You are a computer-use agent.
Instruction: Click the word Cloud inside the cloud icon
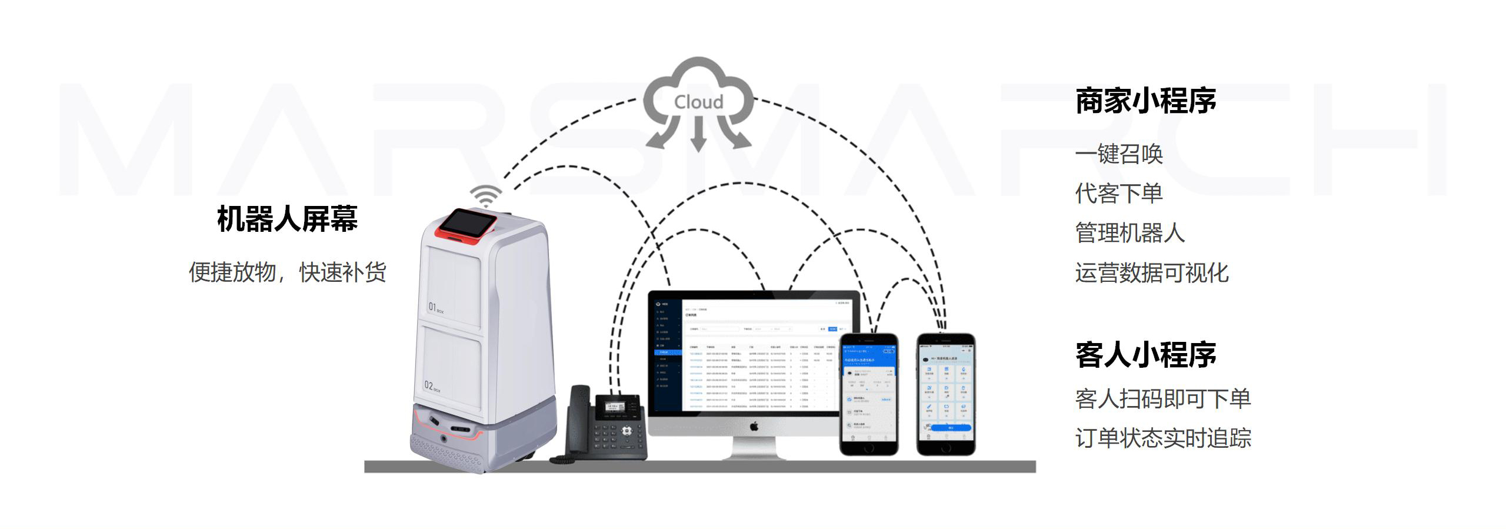[698, 102]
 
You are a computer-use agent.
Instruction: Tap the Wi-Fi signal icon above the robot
[485, 195]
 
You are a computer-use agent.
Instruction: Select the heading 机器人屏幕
[287, 219]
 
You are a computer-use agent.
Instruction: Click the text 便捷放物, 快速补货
[287, 272]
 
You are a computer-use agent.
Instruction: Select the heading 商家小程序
[1145, 101]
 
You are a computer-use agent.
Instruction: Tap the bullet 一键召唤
[1119, 154]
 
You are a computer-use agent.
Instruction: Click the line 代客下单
[1119, 193]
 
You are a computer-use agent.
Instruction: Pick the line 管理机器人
[1129, 232]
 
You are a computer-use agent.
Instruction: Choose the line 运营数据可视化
[1152, 272]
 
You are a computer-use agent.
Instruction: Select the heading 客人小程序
[1145, 355]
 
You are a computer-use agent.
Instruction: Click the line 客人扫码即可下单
[1162, 398]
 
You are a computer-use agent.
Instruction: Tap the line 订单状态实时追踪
[1162, 438]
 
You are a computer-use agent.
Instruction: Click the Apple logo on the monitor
[754, 426]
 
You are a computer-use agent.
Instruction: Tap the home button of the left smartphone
[869, 447]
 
